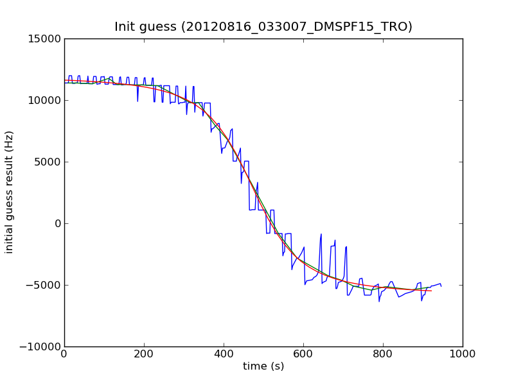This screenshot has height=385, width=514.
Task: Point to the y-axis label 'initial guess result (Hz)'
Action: pyautogui.click(x=9, y=192)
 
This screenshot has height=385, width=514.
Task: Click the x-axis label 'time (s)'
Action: pyautogui.click(x=263, y=366)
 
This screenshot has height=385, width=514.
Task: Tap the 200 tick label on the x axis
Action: pyautogui.click(x=144, y=354)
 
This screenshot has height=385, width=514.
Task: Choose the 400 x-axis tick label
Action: pyautogui.click(x=224, y=354)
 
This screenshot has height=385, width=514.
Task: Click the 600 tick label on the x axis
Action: pyautogui.click(x=303, y=354)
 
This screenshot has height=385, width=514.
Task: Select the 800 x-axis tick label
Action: pyautogui.click(x=383, y=354)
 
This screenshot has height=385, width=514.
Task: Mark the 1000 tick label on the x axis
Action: pyautogui.click(x=463, y=354)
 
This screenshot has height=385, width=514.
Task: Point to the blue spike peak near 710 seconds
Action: pyautogui.click(x=346, y=246)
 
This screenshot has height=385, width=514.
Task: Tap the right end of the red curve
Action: pyautogui.click(x=431, y=291)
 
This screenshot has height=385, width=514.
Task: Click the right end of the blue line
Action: pyautogui.click(x=441, y=286)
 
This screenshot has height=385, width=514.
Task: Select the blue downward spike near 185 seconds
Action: pyautogui.click(x=137, y=101)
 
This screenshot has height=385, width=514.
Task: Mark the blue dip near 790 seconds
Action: pyautogui.click(x=379, y=301)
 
